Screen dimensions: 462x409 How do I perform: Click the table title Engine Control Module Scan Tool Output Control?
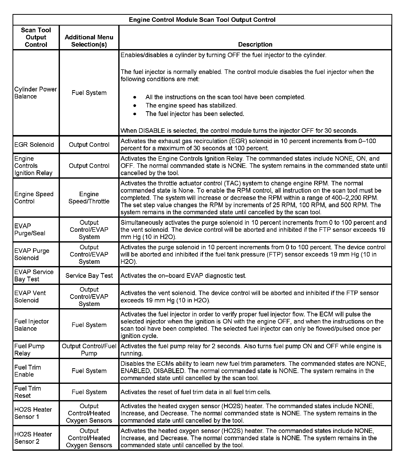pyautogui.click(x=202, y=20)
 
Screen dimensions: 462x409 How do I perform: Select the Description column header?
pyautogui.click(x=255, y=44)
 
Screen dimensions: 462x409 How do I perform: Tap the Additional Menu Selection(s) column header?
pyautogui.click(x=89, y=41)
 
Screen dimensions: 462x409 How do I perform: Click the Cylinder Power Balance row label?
pyautogui.click(x=36, y=93)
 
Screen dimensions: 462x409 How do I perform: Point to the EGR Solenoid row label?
pyautogui.click(x=34, y=145)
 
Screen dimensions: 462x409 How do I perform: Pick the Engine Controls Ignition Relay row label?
pyautogui.click(x=33, y=166)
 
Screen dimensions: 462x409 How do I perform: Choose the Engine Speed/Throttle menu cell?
pyautogui.click(x=89, y=198)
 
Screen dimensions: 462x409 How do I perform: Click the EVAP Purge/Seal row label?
pyautogui.click(x=30, y=229)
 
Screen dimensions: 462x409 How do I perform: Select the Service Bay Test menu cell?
pyautogui.click(x=89, y=276)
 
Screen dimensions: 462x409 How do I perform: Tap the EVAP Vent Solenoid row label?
pyautogui.click(x=30, y=296)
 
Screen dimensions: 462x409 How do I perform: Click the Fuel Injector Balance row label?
pyautogui.click(x=32, y=325)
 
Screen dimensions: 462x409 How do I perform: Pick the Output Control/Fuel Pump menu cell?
pyautogui.click(x=89, y=350)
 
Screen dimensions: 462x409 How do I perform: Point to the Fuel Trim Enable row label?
pyautogui.click(x=28, y=371)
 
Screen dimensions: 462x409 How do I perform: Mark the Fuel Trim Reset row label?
pyautogui.click(x=28, y=392)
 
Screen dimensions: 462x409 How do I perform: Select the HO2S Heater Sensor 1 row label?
pyautogui.click(x=33, y=413)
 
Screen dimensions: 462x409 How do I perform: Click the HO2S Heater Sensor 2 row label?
pyautogui.click(x=33, y=438)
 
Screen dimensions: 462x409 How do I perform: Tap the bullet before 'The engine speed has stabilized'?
pyautogui.click(x=135, y=105)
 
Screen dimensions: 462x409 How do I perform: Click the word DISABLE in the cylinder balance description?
pyautogui.click(x=152, y=131)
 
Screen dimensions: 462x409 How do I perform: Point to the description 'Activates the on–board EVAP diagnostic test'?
pyautogui.click(x=183, y=276)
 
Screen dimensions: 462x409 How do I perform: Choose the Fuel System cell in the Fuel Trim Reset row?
pyautogui.click(x=89, y=392)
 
